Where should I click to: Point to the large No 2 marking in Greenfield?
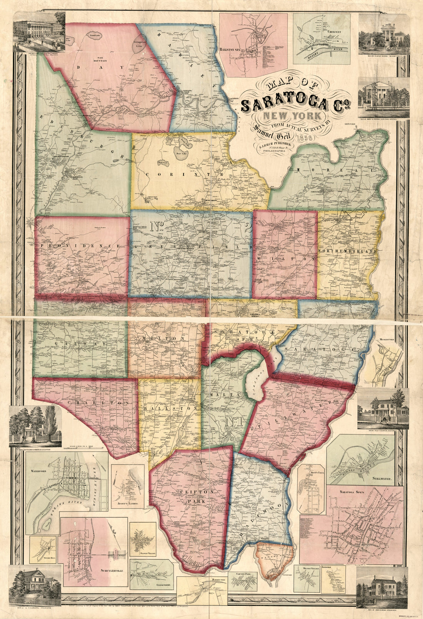[156, 226]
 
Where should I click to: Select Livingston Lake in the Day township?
[139, 43]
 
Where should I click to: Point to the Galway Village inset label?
[143, 553]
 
